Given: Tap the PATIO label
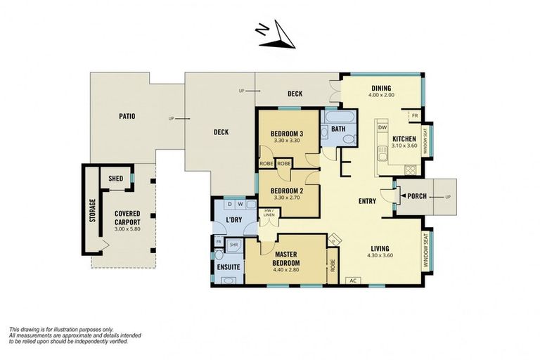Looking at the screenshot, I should (127, 116).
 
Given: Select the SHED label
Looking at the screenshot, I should (115, 179).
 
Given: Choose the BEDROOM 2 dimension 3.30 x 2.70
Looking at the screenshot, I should (287, 198).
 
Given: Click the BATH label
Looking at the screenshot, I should (338, 129).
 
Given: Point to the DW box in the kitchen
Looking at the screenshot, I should (382, 127).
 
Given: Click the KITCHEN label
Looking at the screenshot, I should (404, 139).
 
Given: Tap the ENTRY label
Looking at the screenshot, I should (366, 201).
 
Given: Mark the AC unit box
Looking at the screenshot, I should (353, 281).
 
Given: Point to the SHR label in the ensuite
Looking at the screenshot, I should (233, 245).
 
